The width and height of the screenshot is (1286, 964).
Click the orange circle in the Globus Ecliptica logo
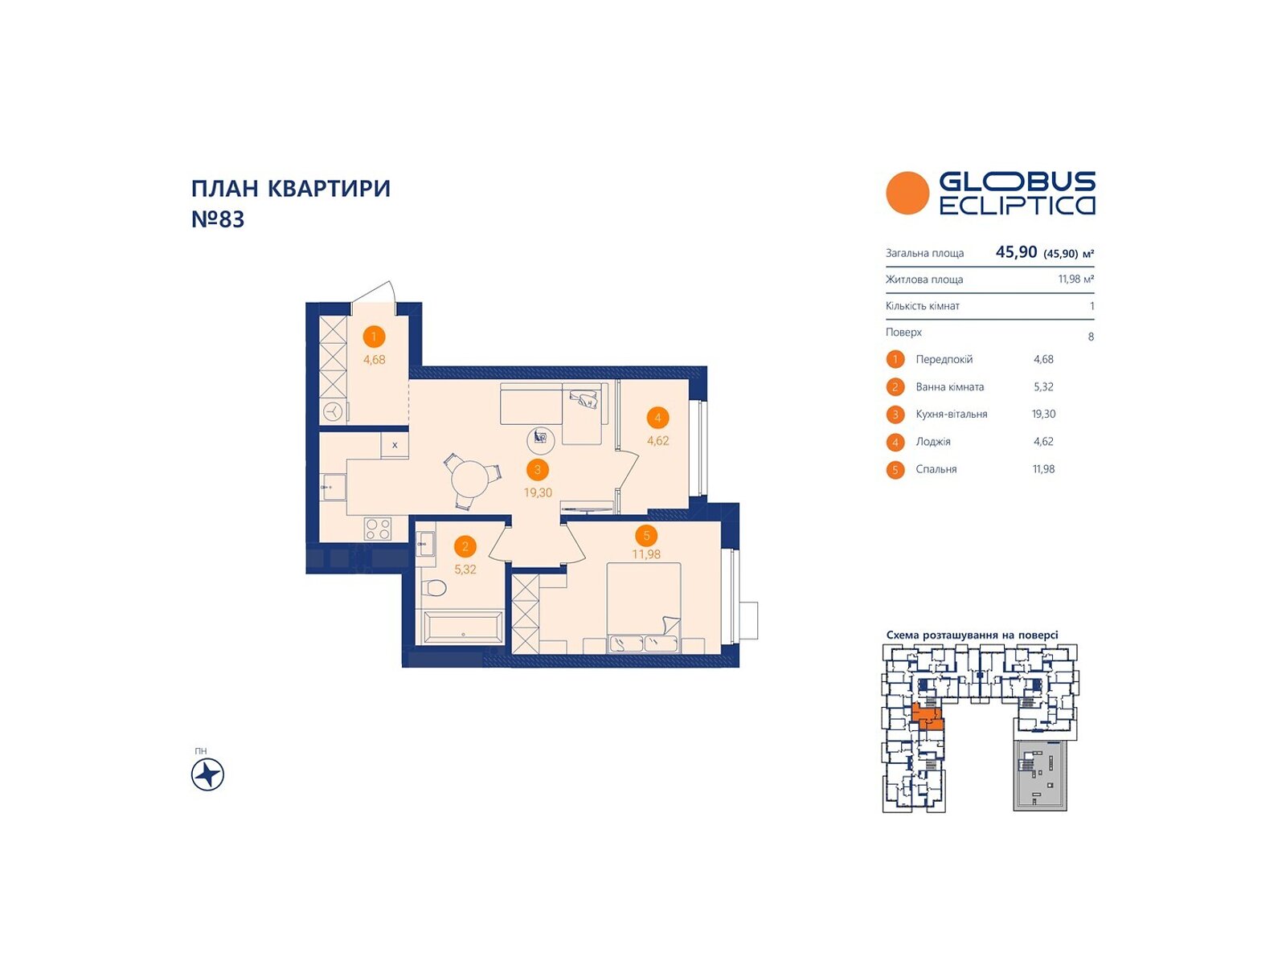pyautogui.click(x=907, y=193)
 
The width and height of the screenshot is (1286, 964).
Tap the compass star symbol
pyautogui.click(x=208, y=774)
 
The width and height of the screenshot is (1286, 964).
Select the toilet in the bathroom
pyautogui.click(x=434, y=587)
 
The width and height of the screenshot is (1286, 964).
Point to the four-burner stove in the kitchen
pyautogui.click(x=377, y=529)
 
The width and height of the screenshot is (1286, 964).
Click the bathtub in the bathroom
pyautogui.click(x=463, y=627)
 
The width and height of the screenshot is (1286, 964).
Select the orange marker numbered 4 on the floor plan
pyautogui.click(x=657, y=418)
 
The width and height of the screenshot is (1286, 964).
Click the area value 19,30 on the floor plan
pyautogui.click(x=538, y=492)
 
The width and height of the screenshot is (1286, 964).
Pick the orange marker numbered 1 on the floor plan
pyautogui.click(x=374, y=337)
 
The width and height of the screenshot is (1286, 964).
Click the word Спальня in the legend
pyautogui.click(x=936, y=469)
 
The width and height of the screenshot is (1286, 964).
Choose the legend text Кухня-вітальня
pyautogui.click(x=952, y=415)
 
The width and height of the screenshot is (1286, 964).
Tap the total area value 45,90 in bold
pyautogui.click(x=1016, y=252)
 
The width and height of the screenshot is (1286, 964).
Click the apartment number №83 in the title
pyautogui.click(x=218, y=219)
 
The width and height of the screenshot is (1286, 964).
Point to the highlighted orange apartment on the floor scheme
pyautogui.click(x=927, y=717)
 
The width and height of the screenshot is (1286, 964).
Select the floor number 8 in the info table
pyautogui.click(x=1091, y=337)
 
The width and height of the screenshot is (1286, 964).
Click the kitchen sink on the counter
pyautogui.click(x=334, y=486)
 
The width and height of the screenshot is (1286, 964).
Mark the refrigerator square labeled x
pyautogui.click(x=395, y=445)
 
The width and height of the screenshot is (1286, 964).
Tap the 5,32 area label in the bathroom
pyautogui.click(x=465, y=570)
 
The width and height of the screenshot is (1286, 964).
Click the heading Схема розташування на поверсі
pyautogui.click(x=972, y=635)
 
